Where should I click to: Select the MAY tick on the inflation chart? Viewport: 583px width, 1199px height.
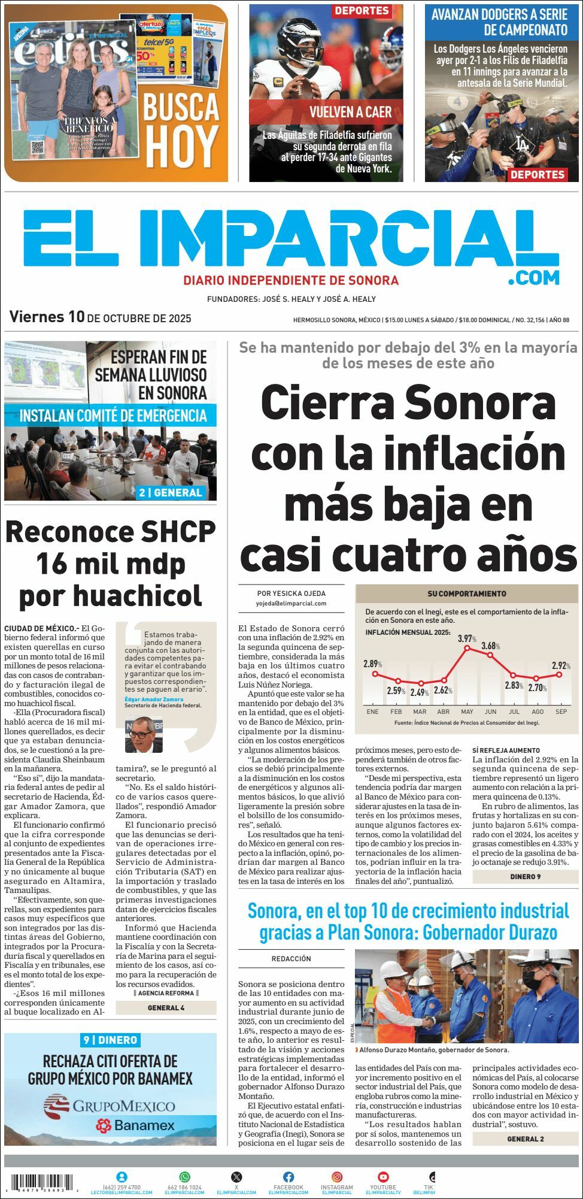[467, 711]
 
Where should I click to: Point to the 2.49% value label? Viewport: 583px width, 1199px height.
[421, 693]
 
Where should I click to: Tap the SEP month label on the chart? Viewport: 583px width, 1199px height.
[561, 711]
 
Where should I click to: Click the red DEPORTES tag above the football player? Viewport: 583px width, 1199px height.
[362, 11]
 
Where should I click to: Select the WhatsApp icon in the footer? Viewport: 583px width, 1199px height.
[184, 1177]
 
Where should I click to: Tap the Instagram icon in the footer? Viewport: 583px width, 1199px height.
[337, 1177]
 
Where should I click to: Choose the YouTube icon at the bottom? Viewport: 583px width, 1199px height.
[383, 1177]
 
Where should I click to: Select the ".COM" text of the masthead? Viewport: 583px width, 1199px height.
[534, 277]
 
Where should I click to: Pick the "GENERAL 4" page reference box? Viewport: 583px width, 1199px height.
[166, 1008]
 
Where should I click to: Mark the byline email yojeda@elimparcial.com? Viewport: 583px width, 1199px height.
[291, 604]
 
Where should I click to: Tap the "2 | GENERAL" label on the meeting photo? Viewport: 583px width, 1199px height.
[171, 492]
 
